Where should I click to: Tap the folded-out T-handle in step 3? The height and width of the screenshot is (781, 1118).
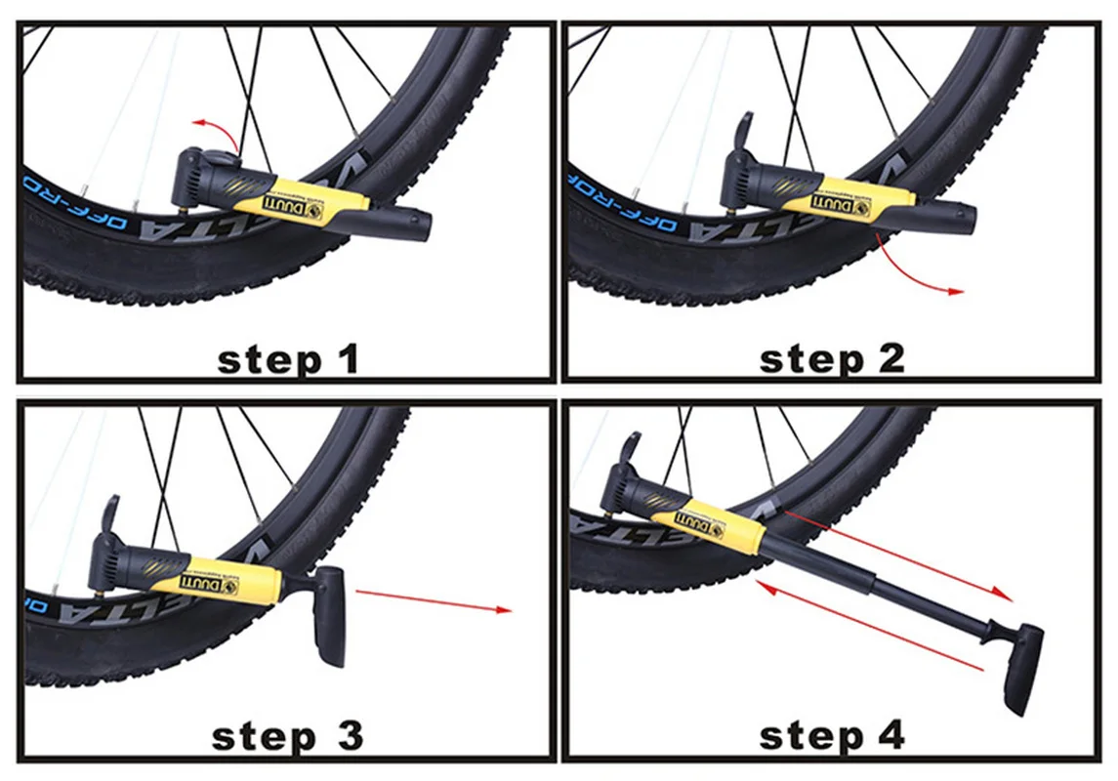click(x=330, y=616)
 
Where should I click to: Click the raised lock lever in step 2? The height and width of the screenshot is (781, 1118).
click(x=743, y=131)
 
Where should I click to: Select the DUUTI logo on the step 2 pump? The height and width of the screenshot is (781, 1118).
click(x=839, y=204)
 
